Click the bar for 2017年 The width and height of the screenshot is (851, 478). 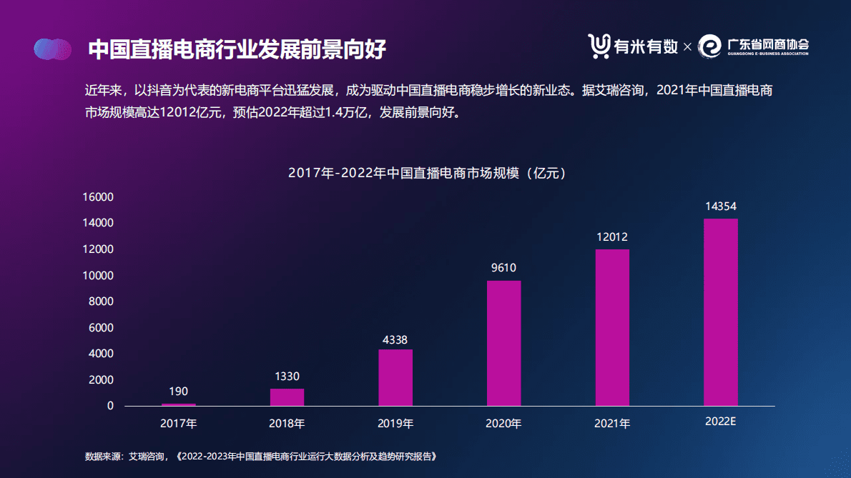[178, 404]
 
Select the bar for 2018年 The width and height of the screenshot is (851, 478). [287, 397]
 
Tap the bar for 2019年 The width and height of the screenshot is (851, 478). [395, 377]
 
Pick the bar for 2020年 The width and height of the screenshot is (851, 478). [504, 343]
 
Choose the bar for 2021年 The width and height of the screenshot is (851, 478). [612, 327]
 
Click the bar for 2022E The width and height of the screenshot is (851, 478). [720, 312]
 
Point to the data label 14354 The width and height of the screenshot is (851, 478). [720, 206]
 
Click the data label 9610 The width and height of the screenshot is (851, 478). [503, 269]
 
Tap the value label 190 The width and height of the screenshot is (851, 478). [178, 392]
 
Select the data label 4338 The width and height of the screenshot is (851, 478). [395, 340]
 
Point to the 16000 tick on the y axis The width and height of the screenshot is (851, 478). [99, 197]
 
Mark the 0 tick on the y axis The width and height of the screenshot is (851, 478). [110, 406]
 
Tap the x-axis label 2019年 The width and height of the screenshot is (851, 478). [395, 423]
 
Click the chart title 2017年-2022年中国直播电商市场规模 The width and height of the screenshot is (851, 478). [427, 174]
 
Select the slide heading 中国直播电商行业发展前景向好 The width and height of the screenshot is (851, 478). [237, 49]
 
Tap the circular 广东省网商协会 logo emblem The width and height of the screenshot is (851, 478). [710, 46]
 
